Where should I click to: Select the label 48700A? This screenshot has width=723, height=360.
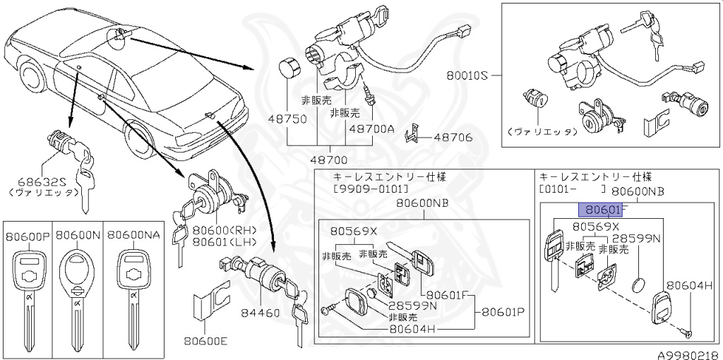[x=371, y=129]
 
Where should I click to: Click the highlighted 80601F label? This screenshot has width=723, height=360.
[x=600, y=210]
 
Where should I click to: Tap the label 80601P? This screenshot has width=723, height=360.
[x=504, y=311]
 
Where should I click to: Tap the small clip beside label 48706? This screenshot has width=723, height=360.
[x=414, y=135]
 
